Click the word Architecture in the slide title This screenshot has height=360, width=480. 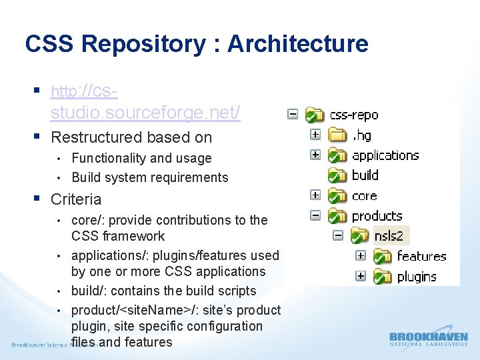click(297, 44)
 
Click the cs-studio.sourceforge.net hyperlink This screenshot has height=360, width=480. click(145, 102)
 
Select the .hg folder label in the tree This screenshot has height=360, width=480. click(363, 135)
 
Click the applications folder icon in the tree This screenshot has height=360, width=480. click(338, 156)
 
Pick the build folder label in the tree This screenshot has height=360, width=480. click(365, 175)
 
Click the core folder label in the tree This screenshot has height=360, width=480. click(364, 196)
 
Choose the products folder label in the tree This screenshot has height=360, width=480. click(377, 216)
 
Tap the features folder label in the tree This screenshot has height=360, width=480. click(421, 256)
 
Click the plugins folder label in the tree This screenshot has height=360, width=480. click(417, 277)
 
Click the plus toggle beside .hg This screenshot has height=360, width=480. click(315, 135)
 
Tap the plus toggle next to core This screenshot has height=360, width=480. click(315, 195)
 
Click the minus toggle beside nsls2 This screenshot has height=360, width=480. click(338, 235)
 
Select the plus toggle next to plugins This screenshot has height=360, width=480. click(361, 276)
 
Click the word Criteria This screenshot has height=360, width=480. click(76, 199)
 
